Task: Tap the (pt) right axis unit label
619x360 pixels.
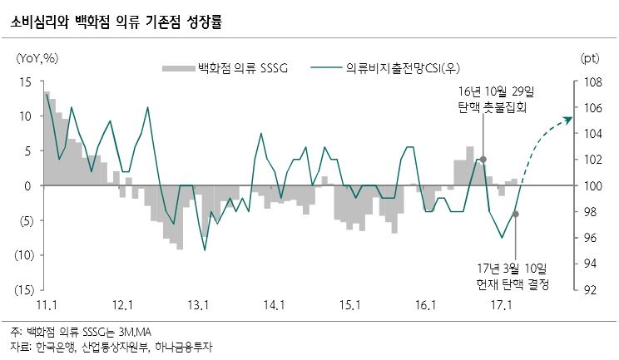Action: [x=589, y=57]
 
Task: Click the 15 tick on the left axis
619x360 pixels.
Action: [x=25, y=81]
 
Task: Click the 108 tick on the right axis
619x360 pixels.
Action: [x=593, y=81]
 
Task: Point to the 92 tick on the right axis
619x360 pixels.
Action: [x=591, y=290]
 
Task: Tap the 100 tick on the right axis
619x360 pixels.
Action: [x=593, y=186]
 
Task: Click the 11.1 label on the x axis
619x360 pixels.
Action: [x=47, y=305]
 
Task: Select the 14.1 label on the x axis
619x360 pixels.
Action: [x=272, y=305]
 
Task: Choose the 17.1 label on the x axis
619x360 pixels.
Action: [x=499, y=305]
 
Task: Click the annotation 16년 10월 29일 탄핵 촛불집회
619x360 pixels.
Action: [x=497, y=99]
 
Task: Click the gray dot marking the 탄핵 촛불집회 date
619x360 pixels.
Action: [x=483, y=159]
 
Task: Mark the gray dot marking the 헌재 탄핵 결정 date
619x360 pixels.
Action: [x=516, y=214]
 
